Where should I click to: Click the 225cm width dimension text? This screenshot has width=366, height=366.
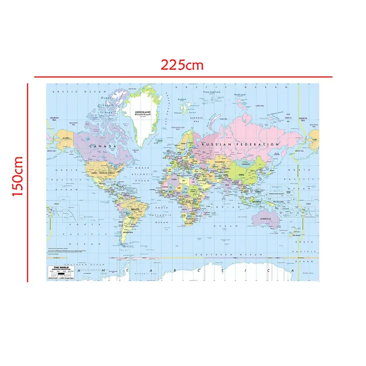point(182,65)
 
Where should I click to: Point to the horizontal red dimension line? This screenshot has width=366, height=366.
point(183,77)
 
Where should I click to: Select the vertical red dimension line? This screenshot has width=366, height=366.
point(27,183)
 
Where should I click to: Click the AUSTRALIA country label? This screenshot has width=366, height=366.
point(265,219)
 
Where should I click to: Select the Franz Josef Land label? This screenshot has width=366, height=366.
point(212,92)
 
